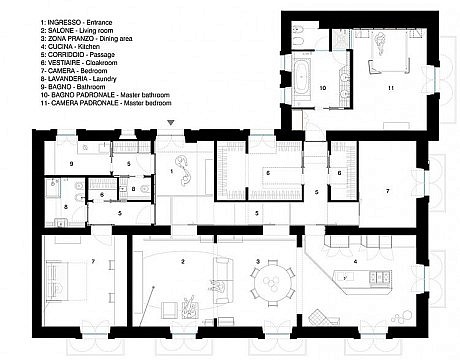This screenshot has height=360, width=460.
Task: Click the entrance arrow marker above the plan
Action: tap(171, 123)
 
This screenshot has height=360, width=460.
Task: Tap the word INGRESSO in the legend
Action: tap(64, 23)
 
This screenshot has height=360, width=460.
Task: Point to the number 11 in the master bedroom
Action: tap(391, 88)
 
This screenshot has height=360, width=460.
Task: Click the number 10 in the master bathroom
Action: tap(323, 88)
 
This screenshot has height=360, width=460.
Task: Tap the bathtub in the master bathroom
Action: tap(303, 77)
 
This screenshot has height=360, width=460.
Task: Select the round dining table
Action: tap(273, 283)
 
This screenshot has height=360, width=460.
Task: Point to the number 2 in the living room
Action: tap(183, 262)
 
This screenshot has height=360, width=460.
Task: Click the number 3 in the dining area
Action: tap(258, 262)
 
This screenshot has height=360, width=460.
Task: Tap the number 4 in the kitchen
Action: tap(355, 262)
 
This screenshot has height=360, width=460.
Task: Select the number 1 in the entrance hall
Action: tap(172, 171)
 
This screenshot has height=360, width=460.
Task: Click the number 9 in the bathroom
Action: tap(71, 164)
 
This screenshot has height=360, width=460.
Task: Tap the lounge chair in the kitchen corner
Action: tap(323, 317)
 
